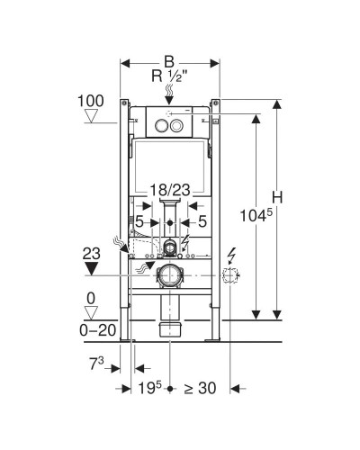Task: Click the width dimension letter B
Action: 169,62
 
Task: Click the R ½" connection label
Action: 169,76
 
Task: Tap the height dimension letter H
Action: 277,197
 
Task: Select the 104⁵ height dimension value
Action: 256,215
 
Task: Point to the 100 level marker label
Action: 91,101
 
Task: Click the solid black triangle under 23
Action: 92,268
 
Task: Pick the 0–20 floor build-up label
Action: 97,330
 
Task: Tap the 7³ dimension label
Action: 96,364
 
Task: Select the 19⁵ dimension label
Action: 149,388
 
